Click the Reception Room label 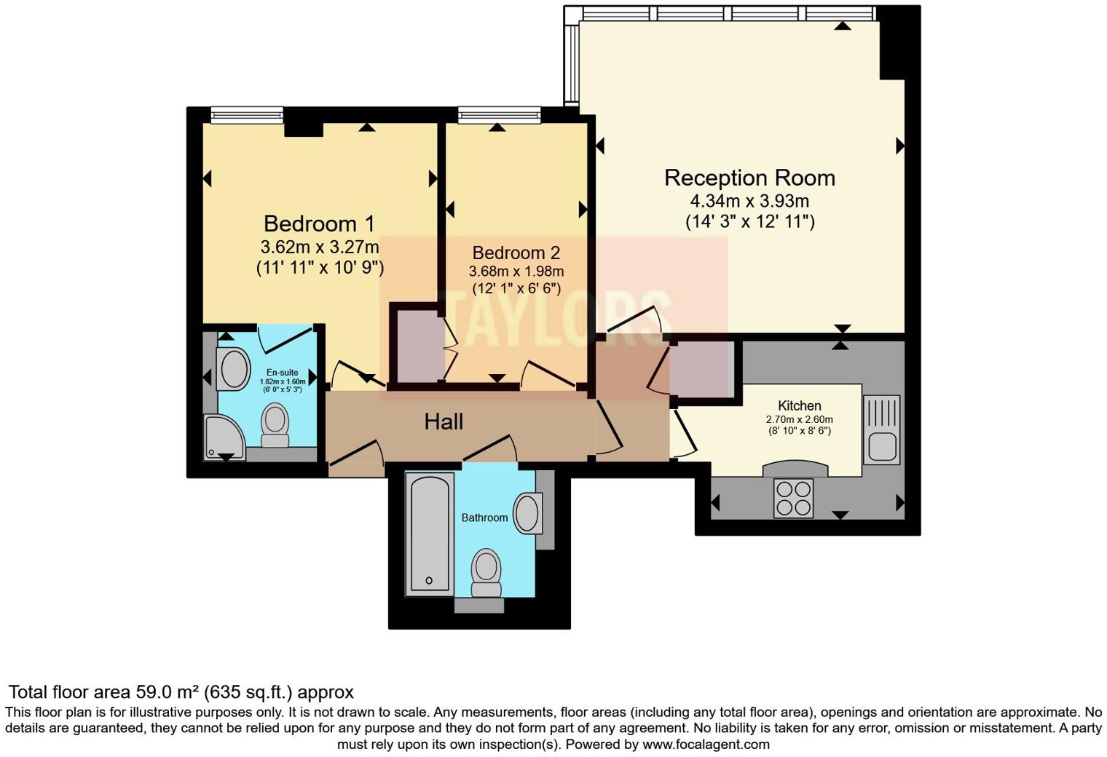pos(749,178)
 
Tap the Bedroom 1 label pos(320,223)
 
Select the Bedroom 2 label pos(516,253)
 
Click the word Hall pos(444,421)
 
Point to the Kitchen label pos(799,405)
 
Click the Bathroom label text pos(484,518)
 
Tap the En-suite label pos(282,373)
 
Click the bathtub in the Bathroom pos(428,533)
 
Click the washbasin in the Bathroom pos(527,513)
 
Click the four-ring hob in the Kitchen pos(793,498)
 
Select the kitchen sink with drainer pos(881,429)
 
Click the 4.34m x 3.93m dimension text pos(749,201)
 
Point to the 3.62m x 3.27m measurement pos(320,246)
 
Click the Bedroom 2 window pos(499,114)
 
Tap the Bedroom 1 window pos(247,114)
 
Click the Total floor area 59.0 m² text pos(181,691)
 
